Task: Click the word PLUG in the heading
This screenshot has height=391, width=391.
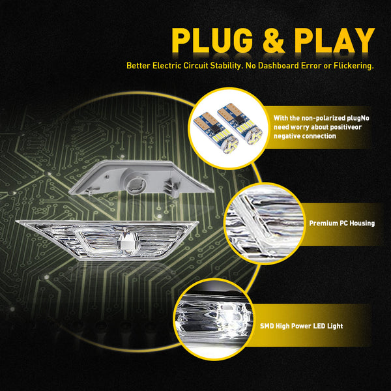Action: (212, 40)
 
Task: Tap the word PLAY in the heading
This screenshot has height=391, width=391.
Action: (334, 40)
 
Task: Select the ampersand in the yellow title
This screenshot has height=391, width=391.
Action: (274, 40)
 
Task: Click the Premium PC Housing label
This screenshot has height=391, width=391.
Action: (342, 223)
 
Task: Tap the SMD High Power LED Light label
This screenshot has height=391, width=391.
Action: (302, 326)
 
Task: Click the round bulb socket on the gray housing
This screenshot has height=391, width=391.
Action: (136, 186)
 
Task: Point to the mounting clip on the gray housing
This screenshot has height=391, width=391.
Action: (172, 188)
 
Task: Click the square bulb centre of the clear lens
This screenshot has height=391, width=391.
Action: (129, 241)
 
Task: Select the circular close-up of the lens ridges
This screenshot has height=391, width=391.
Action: (264, 223)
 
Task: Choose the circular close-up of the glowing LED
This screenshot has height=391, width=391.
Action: (214, 319)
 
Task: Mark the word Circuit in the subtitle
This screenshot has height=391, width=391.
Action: (195, 66)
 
